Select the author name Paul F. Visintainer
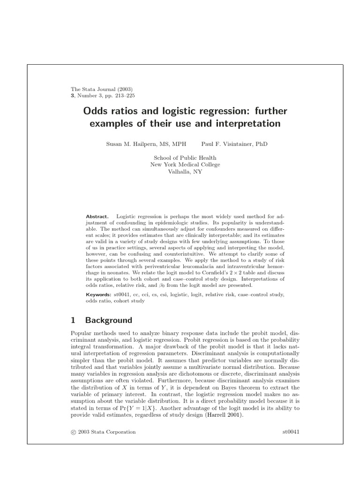234,144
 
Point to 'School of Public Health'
180,158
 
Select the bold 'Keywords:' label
98,294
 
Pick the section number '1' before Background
73,321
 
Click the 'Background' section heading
109,321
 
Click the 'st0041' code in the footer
291,432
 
